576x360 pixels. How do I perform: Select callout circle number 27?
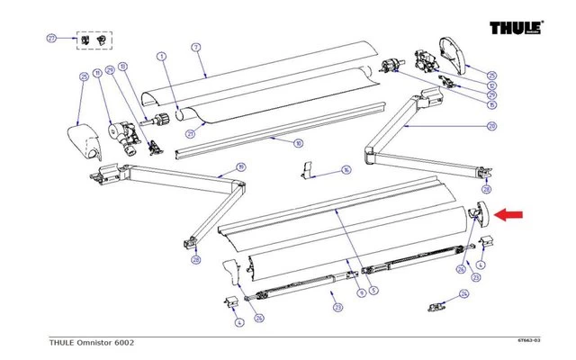coord(51,39)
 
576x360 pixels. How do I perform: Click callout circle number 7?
coord(196,46)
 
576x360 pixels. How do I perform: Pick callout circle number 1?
coord(163,57)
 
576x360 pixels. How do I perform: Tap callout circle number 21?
coord(190,135)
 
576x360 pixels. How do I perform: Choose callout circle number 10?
coord(298,143)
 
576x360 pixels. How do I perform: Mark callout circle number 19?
coord(240,166)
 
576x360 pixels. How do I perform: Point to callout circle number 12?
coord(492,85)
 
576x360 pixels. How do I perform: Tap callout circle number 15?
coord(492,105)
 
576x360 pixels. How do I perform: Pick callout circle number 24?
coord(464,293)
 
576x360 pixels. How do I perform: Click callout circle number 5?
coord(373,291)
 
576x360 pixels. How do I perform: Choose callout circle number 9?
coord(361,291)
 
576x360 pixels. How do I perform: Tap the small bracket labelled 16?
coord(308,170)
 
